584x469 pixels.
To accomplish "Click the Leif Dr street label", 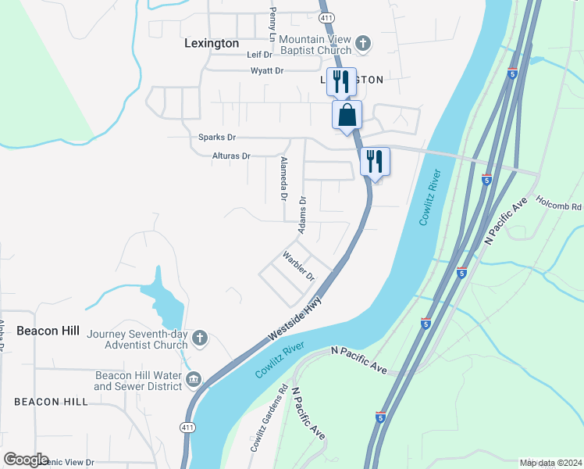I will tap(259, 55).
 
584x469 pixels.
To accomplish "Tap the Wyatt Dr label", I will tap(266, 70).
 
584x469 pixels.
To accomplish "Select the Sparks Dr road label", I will tap(212, 137).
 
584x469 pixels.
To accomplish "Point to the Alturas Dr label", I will tap(231, 156).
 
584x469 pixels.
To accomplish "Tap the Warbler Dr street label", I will tap(298, 266).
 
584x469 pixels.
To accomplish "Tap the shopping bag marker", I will tap(347, 116).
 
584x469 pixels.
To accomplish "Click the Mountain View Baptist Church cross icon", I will tap(363, 44).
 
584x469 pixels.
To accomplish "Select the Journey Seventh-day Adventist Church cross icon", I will tap(200, 338).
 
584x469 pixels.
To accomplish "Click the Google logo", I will tap(26, 460).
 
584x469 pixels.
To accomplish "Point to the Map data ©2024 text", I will tap(550, 463).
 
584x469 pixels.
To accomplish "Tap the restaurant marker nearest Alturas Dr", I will tap(375, 162).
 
